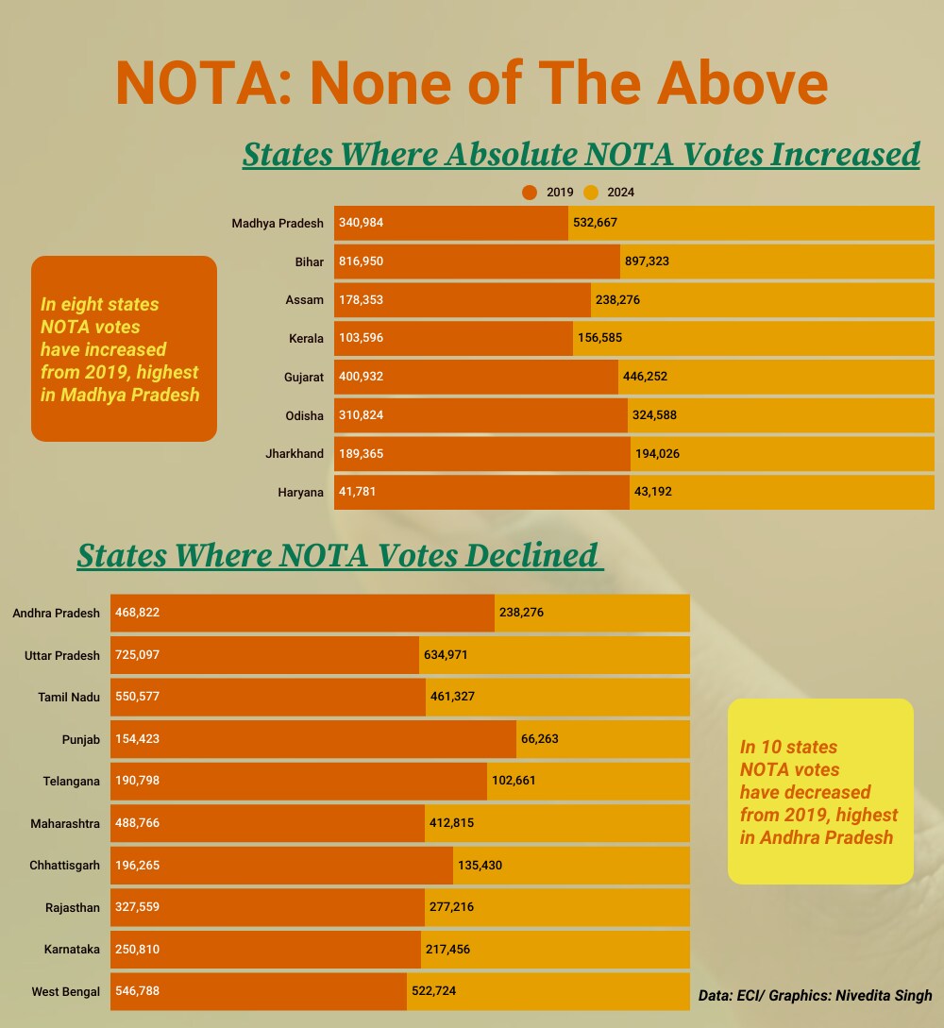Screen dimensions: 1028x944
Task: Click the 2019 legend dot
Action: click(529, 193)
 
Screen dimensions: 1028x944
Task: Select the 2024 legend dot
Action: click(591, 193)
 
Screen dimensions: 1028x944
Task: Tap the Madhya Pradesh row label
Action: click(278, 224)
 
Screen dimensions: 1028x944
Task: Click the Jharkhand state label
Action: click(295, 454)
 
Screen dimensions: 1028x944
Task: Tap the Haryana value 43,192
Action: click(653, 492)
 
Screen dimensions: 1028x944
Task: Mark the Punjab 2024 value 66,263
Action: click(540, 739)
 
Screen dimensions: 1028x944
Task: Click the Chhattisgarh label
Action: click(65, 866)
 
